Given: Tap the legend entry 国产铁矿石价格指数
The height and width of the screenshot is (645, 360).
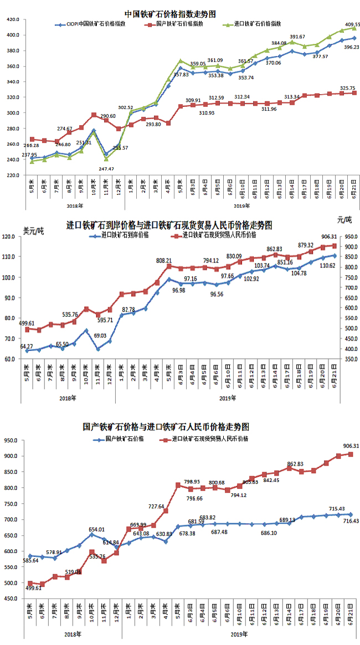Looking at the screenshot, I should pyautogui.click(x=179, y=24).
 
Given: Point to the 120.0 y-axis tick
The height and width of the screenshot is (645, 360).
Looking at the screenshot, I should pyautogui.click(x=12, y=237).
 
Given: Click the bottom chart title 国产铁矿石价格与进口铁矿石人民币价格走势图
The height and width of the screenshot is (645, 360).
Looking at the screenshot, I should pyautogui.click(x=166, y=427).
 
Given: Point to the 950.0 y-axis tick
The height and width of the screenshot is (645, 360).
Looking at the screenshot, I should pyautogui.click(x=12, y=441).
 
